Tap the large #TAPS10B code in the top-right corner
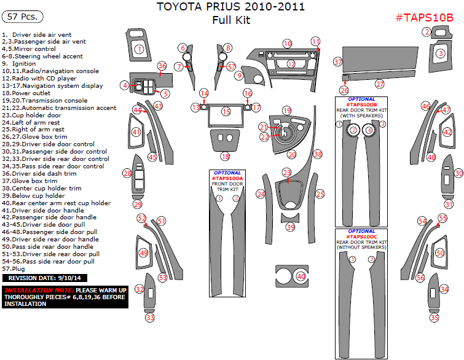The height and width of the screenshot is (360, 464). [424, 17]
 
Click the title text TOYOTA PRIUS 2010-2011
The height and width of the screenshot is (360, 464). [230, 7]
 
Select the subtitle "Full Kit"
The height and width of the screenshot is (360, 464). [230, 20]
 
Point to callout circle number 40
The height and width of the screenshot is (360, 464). [301, 276]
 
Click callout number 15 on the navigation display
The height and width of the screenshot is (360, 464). [226, 111]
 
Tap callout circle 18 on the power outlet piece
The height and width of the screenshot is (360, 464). [226, 157]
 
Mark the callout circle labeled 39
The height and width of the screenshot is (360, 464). [290, 227]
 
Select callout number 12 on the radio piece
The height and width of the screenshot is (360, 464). [291, 63]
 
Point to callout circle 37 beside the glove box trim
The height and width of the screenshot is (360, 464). [337, 62]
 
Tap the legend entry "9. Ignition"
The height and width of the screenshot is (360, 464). [19, 63]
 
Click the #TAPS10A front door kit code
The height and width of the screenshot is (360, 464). [227, 178]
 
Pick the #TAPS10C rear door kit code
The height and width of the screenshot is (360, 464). [361, 236]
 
